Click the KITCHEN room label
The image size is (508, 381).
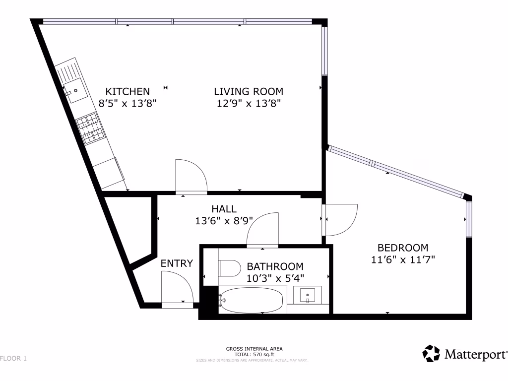127,91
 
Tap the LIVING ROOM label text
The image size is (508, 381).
248,91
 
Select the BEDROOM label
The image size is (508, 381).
402,248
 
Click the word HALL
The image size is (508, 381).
224,209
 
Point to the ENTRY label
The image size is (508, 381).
177,263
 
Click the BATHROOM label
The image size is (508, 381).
275,266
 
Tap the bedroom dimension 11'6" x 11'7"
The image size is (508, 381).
402,259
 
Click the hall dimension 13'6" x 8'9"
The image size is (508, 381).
224,221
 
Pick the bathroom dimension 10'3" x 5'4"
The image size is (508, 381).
275,278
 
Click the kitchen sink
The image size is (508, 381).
76,91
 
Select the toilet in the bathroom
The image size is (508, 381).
230,268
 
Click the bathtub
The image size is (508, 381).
252,300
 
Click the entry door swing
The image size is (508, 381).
177,289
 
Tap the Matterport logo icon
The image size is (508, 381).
431,354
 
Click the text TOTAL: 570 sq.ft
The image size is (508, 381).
254,355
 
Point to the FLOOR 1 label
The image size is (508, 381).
13,357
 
